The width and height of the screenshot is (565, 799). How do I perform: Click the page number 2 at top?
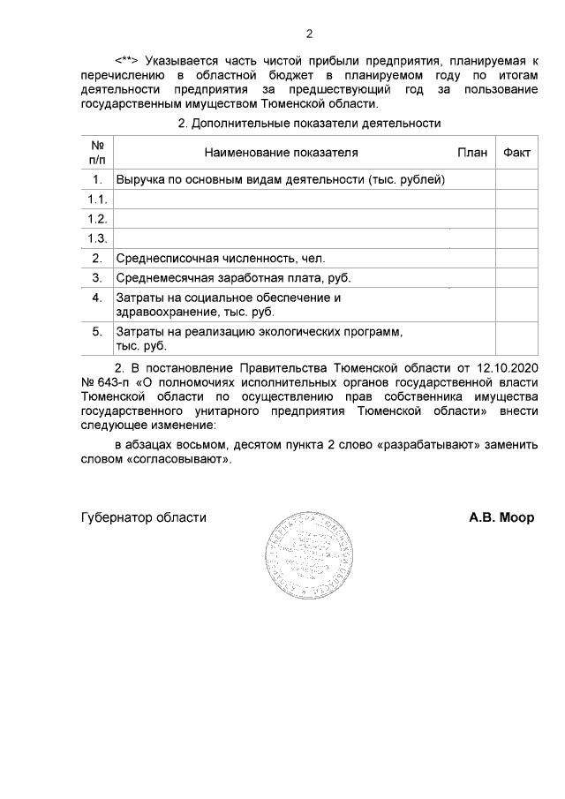tap(309, 34)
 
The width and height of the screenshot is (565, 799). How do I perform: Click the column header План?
tap(472, 153)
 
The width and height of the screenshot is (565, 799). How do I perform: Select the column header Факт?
tap(516, 153)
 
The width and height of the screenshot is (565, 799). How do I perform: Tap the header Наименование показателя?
tap(282, 153)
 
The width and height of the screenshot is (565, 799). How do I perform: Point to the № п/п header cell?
tap(97, 152)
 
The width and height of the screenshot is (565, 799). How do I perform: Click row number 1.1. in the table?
tap(97, 199)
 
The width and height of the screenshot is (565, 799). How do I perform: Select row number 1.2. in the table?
tap(97, 218)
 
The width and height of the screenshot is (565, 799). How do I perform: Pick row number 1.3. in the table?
tap(97, 238)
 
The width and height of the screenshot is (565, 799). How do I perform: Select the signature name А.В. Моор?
tap(501, 518)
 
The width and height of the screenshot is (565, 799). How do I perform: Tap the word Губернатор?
tap(113, 518)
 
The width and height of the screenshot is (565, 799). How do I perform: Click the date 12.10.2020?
tap(505, 366)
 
